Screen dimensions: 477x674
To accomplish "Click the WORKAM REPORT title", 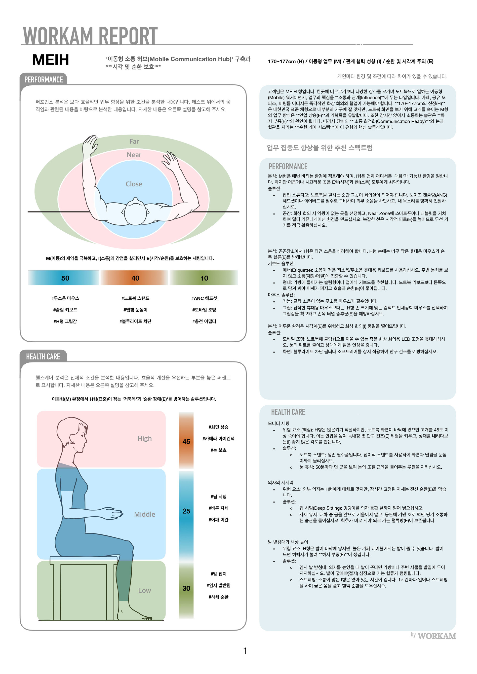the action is click(x=90, y=35).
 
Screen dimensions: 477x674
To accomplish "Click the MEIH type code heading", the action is click(x=50, y=60).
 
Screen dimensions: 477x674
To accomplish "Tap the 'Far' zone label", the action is click(x=134, y=142).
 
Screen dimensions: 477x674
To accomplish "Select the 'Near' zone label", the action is click(x=134, y=155).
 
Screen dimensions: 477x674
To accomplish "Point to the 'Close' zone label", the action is click(x=134, y=184).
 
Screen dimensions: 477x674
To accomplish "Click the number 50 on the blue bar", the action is click(x=65, y=278).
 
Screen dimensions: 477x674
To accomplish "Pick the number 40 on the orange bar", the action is click(x=135, y=278).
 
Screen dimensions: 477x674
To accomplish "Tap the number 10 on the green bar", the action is click(x=204, y=278).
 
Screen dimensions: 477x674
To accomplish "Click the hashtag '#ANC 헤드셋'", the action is click(x=204, y=298).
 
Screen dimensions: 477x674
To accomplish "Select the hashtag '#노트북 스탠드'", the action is click(x=135, y=298).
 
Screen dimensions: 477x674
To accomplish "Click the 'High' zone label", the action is click(x=145, y=438).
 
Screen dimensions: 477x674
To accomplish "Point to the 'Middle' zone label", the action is click(x=145, y=514).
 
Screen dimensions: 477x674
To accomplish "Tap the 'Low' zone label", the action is click(x=145, y=590).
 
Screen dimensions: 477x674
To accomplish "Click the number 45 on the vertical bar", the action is click(x=186, y=441).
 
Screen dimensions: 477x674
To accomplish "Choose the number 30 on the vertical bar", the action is click(x=186, y=588).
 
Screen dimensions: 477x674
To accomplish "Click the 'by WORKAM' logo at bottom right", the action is click(x=433, y=636).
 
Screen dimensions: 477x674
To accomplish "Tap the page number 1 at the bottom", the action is click(x=245, y=651).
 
